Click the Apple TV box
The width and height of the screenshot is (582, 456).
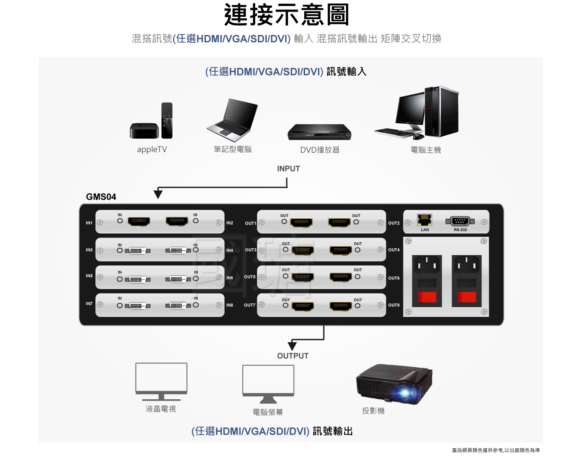pyautogui.click(x=144, y=131)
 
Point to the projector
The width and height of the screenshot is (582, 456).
pyautogui.click(x=394, y=383)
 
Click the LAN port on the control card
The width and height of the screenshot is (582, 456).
pyautogui.click(x=424, y=220)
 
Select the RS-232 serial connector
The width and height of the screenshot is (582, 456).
pyautogui.click(x=460, y=221)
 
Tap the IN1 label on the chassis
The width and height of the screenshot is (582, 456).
pyautogui.click(x=89, y=223)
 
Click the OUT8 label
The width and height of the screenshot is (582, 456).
pyautogui.click(x=394, y=305)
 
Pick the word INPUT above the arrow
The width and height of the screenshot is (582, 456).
pyautogui.click(x=288, y=169)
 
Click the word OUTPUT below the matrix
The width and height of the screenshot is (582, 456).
pyautogui.click(x=293, y=356)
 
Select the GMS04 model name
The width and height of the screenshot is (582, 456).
pyautogui.click(x=101, y=197)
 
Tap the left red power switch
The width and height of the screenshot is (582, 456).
pyautogui.click(x=427, y=297)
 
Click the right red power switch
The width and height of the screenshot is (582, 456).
pyautogui.click(x=467, y=297)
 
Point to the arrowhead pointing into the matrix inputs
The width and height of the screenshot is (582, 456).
pyautogui.click(x=158, y=194)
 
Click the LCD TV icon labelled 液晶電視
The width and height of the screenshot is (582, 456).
pyautogui.click(x=161, y=381)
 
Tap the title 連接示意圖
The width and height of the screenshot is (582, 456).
pyautogui.click(x=287, y=15)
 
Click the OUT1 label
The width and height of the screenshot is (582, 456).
pyautogui.click(x=251, y=224)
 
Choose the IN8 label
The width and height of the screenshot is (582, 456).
pyautogui.click(x=230, y=305)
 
